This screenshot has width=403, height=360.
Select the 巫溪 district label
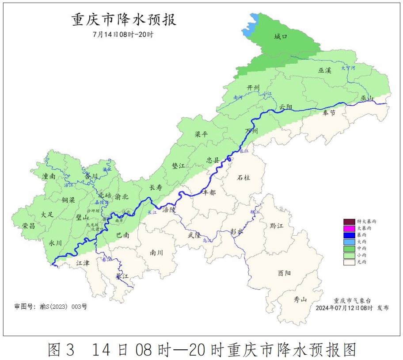324,70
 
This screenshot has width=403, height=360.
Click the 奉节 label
329,113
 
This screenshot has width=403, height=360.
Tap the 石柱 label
243,177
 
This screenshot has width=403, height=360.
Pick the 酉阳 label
285,273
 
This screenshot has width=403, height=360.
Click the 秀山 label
300,299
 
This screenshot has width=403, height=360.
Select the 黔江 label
276,226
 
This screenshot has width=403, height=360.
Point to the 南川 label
156,253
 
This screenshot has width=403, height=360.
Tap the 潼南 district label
49,176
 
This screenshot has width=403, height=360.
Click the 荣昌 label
29,226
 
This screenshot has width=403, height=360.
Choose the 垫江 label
178,165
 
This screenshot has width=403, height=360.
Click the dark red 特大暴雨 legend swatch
349,221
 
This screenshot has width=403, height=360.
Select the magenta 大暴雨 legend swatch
349,228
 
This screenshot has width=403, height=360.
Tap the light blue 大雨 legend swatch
349,242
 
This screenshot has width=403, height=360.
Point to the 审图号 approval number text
51,306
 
